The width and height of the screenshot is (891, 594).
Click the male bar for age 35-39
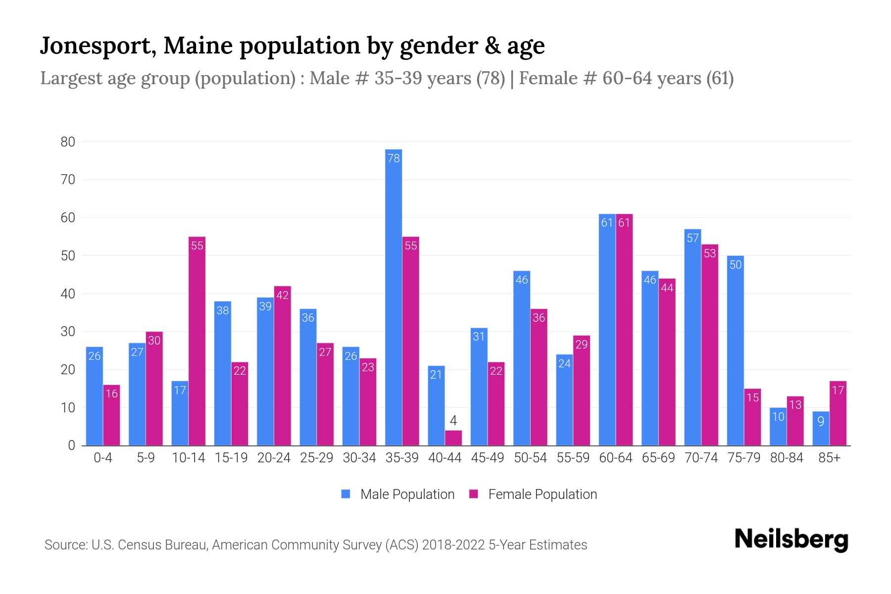(x=394, y=297)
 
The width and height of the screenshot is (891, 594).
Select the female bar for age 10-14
(x=197, y=342)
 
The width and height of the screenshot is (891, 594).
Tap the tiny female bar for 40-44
(x=453, y=438)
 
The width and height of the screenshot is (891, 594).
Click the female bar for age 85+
(x=838, y=413)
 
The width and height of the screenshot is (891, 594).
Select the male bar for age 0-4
(x=95, y=396)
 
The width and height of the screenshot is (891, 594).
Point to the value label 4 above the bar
(x=453, y=421)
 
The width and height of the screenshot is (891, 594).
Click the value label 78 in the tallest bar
(x=394, y=158)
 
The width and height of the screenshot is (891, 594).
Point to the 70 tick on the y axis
(x=68, y=180)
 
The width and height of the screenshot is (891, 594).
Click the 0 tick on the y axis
(x=72, y=445)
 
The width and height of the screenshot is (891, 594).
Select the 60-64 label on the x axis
(x=616, y=458)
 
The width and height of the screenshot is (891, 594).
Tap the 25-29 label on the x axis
(x=317, y=458)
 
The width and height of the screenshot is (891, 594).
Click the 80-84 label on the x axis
(x=787, y=458)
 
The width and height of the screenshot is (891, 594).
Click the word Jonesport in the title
(x=97, y=46)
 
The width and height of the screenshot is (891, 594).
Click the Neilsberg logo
(x=791, y=540)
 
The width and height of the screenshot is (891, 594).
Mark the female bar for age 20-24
(x=283, y=366)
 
